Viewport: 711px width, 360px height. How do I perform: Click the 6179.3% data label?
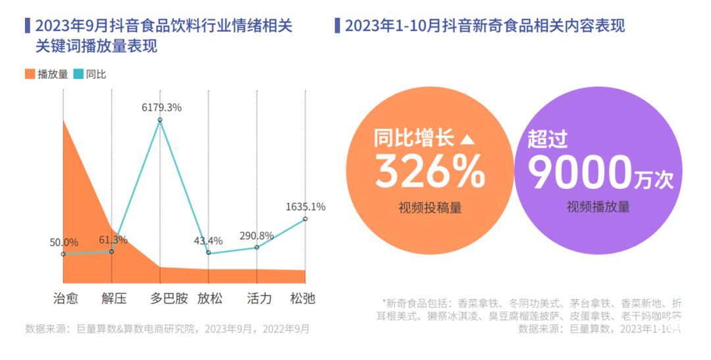[161, 107]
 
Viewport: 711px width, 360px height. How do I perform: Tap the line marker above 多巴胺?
[160, 120]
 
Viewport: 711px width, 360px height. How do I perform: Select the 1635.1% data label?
[305, 207]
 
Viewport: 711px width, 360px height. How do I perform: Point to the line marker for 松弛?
[305, 219]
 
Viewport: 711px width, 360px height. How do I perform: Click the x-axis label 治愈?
[65, 299]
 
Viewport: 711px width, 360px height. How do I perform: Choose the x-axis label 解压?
[113, 299]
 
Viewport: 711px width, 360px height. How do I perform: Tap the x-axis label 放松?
[210, 299]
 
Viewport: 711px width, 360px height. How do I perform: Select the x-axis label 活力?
[259, 299]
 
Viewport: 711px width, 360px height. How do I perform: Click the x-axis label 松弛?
[303, 299]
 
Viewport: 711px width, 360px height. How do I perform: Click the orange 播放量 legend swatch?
[30, 74]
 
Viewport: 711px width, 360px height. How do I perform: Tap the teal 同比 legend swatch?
[78, 74]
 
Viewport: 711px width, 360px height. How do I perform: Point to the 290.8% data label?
[257, 236]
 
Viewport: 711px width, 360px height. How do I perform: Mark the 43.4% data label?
[208, 241]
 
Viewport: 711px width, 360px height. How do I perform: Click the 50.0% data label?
[64, 243]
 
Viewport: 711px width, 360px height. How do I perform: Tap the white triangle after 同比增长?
[466, 140]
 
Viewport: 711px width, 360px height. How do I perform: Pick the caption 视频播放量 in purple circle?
[598, 207]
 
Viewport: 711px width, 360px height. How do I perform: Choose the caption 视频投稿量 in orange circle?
[429, 208]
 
